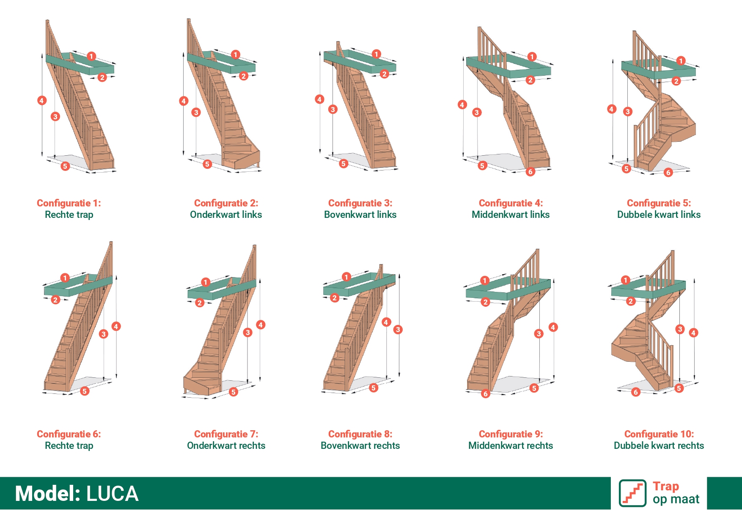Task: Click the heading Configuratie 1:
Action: (69, 203)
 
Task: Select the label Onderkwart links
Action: (226, 214)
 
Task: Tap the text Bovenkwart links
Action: (360, 214)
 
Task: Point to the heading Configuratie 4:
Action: (511, 203)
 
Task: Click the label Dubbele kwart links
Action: (659, 214)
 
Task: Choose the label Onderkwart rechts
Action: (226, 445)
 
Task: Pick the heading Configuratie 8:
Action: (360, 434)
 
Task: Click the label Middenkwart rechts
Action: (511, 445)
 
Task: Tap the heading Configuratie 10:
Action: (659, 434)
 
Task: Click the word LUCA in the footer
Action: (112, 494)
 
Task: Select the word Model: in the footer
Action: (48, 494)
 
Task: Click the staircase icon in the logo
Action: (632, 493)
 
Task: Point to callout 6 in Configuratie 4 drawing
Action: (530, 172)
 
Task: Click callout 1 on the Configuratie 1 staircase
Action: (91, 56)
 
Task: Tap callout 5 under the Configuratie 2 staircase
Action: (207, 164)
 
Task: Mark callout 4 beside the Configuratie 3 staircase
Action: (319, 99)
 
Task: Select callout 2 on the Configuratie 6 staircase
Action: (55, 300)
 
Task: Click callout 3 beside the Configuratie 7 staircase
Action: (248, 333)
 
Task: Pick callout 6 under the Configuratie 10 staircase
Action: (635, 392)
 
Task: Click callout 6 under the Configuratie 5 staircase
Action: (668, 172)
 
